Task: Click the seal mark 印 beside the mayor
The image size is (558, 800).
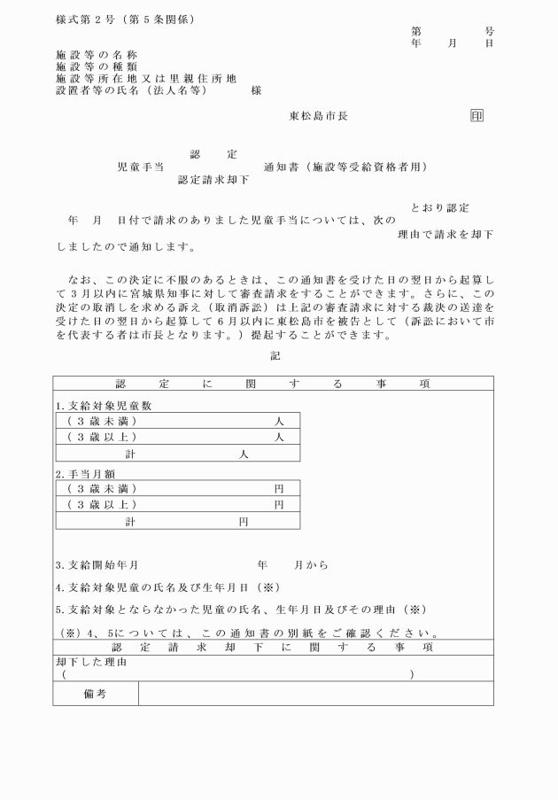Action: pyautogui.click(x=477, y=116)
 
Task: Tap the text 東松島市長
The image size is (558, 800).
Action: pyautogui.click(x=319, y=116)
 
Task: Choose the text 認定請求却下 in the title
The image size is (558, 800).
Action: pyautogui.click(x=213, y=179)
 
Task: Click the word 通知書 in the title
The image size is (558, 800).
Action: pyautogui.click(x=283, y=167)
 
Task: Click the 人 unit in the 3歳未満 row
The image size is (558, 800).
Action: pyautogui.click(x=279, y=421)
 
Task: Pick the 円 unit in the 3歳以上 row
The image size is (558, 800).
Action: pyautogui.click(x=279, y=505)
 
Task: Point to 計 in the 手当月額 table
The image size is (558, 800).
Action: pyautogui.click(x=130, y=522)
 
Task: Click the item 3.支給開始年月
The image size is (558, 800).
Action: pyautogui.click(x=97, y=564)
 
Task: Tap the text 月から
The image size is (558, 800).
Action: pyautogui.click(x=311, y=564)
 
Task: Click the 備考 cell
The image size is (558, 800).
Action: pyautogui.click(x=95, y=695)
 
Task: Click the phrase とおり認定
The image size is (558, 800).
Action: pyautogui.click(x=439, y=208)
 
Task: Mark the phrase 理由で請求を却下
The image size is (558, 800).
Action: pyautogui.click(x=446, y=235)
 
